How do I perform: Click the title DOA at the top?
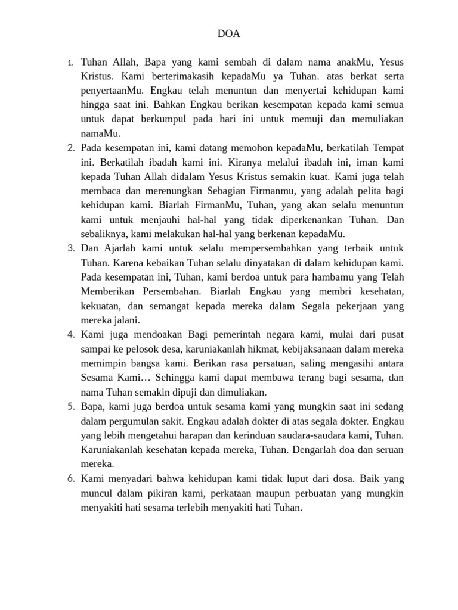pyautogui.click(x=229, y=34)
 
